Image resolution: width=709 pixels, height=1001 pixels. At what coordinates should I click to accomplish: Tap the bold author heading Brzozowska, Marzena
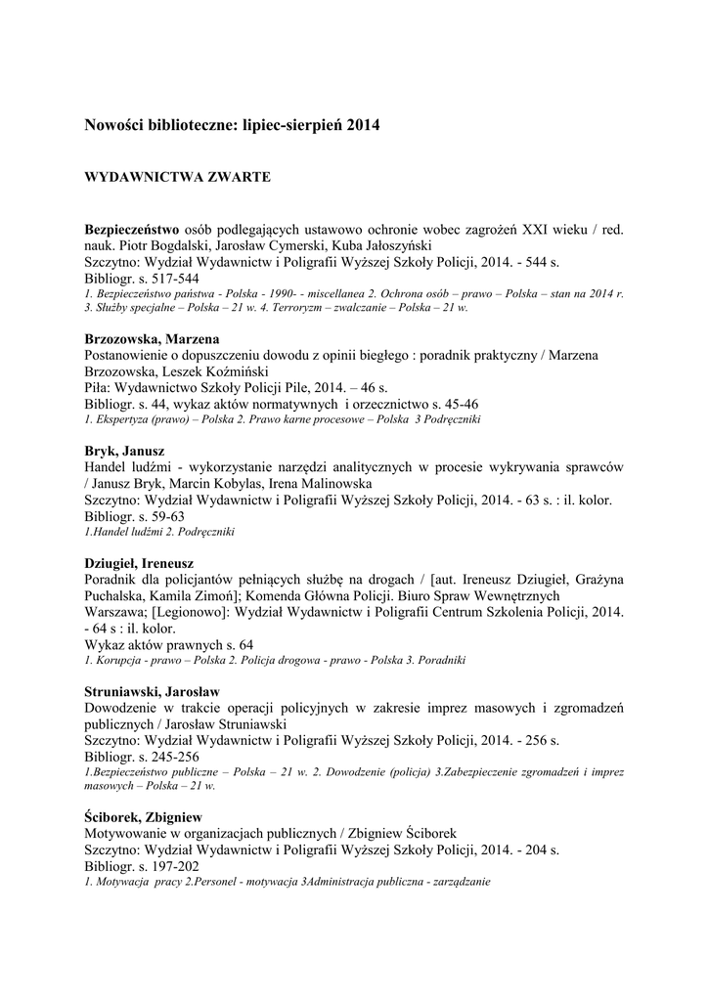point(152,338)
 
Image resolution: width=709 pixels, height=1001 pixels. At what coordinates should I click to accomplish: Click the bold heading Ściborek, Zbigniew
point(149,815)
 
